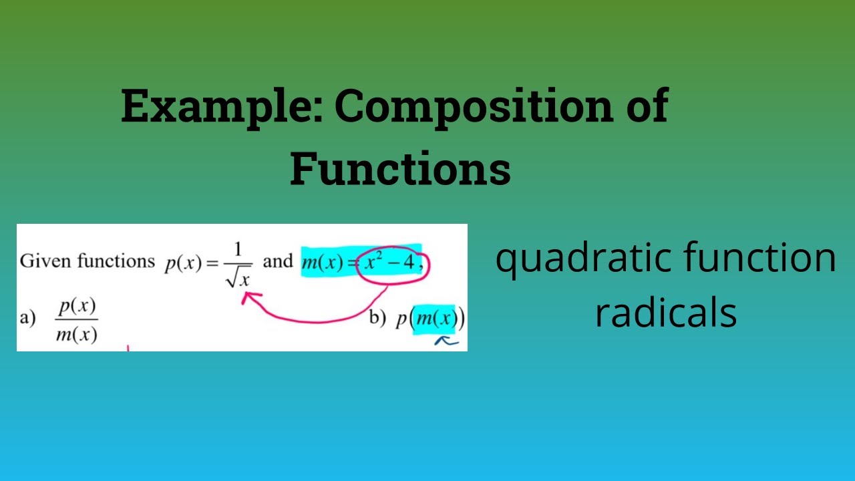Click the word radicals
[665, 312]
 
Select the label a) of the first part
[27, 319]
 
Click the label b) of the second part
[378, 320]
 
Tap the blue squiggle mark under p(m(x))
[446, 341]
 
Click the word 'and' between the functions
[278, 261]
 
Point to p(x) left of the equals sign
[183, 263]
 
